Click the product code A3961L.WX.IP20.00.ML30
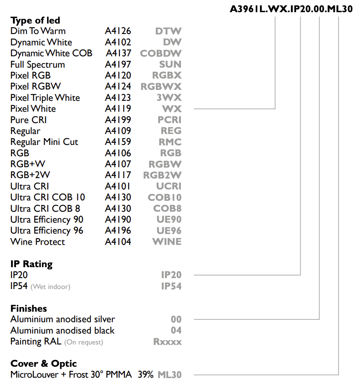(x=291, y=9)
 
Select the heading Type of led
(x=35, y=20)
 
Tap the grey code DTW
(x=169, y=31)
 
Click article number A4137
(x=119, y=53)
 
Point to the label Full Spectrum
(x=37, y=65)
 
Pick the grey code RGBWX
(x=161, y=87)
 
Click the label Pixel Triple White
(x=45, y=98)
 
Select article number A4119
(x=118, y=109)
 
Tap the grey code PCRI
(x=169, y=120)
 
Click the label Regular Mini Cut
(x=44, y=142)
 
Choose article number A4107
(x=118, y=164)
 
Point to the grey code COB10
(x=165, y=197)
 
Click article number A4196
(x=118, y=231)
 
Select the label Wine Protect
(x=37, y=242)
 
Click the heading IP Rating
(x=32, y=264)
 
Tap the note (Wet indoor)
(x=50, y=287)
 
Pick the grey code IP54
(x=172, y=286)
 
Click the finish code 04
(x=176, y=331)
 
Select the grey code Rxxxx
(x=167, y=342)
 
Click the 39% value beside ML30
(x=146, y=375)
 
